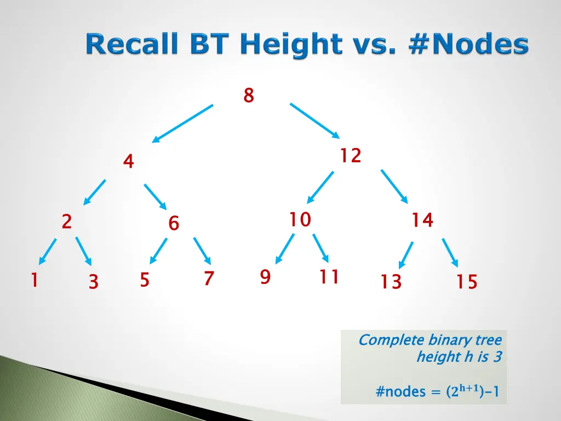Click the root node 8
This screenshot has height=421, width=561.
(249, 95)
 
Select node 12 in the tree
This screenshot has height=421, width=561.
(350, 156)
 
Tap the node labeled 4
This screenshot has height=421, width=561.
(128, 162)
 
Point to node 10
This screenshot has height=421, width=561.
(300, 220)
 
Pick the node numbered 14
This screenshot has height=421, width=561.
(422, 220)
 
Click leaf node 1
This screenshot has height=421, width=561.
(34, 281)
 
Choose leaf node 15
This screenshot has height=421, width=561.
(467, 282)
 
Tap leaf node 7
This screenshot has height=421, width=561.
(208, 279)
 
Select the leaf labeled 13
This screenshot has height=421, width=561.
(391, 282)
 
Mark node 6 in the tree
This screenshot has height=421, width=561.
(174, 223)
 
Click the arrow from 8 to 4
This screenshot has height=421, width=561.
(182, 123)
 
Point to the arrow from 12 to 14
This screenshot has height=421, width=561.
(394, 186)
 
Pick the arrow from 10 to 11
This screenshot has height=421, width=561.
(320, 248)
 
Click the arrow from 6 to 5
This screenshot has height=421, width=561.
(158, 251)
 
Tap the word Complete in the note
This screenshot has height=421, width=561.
(391, 340)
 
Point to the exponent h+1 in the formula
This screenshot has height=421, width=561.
(470, 389)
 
